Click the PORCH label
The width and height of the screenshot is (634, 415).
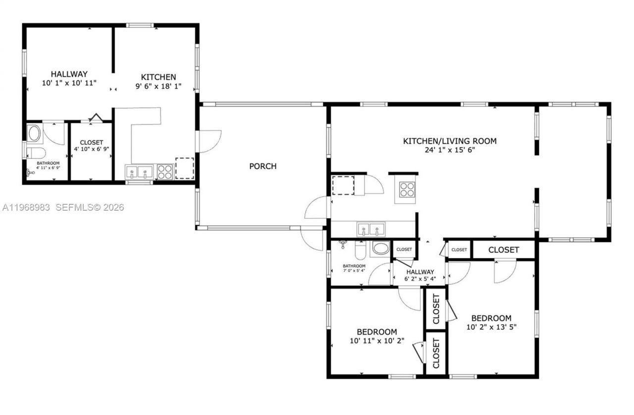tap(263, 166)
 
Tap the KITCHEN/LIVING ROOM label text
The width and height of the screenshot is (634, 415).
tap(449, 141)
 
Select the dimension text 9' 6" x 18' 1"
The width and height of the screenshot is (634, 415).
tap(158, 86)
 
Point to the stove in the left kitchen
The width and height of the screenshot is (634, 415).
tap(164, 172)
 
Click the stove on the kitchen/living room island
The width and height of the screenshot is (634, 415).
tap(407, 189)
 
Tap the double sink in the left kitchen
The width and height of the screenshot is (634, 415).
tap(139, 172)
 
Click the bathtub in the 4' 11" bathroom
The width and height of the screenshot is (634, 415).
tap(34, 133)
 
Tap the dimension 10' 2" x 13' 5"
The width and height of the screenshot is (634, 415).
tap(491, 327)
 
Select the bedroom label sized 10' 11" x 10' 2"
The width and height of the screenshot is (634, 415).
tap(377, 332)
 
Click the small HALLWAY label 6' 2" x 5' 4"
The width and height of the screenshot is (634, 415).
tap(420, 272)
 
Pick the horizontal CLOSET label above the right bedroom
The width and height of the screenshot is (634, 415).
tap(504, 250)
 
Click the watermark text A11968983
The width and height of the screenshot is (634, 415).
tap(26, 207)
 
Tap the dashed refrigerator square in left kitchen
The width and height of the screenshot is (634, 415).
tap(185, 168)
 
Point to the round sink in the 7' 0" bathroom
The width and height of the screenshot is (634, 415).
tap(380, 248)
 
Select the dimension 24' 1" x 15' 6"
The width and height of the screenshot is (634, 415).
tap(449, 150)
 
